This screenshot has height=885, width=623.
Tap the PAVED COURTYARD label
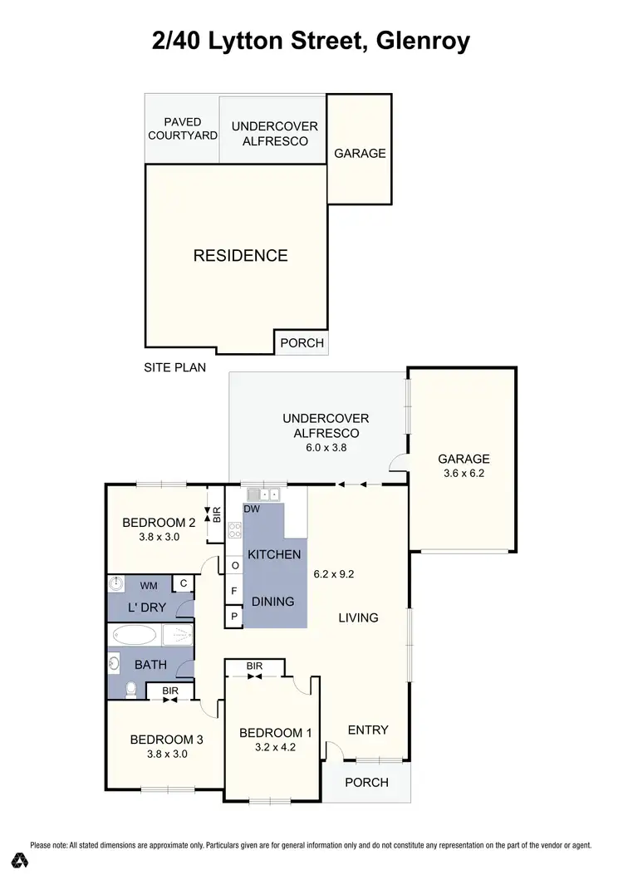(182, 129)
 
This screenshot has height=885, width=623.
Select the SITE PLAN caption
(174, 366)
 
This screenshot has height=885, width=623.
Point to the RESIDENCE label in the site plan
(240, 256)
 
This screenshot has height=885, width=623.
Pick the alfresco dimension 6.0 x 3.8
(326, 447)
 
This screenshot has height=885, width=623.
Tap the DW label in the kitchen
(253, 509)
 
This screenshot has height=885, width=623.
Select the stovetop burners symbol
(235, 531)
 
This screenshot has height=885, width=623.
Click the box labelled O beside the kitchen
(235, 566)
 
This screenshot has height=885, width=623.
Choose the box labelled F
(235, 592)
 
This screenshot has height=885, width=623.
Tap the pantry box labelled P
(235, 617)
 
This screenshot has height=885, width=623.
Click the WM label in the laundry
(148, 585)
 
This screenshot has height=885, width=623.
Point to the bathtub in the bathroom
(134, 637)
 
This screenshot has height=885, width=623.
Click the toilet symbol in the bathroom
(130, 689)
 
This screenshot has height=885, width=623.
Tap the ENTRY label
(368, 730)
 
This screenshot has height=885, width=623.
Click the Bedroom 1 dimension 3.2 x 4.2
(275, 747)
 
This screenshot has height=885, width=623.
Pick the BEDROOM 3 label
(166, 739)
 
